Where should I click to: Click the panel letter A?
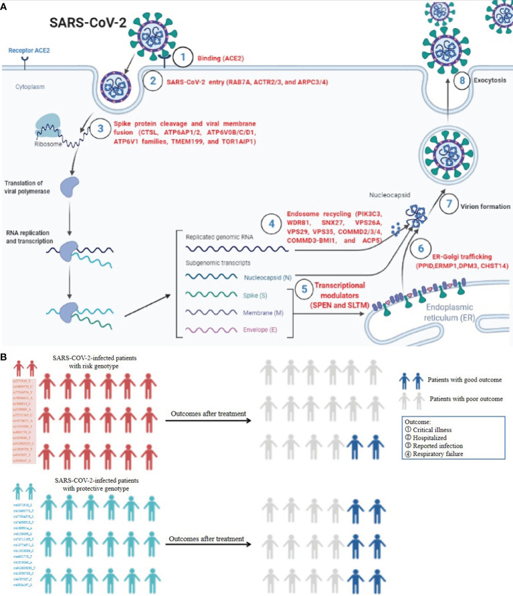point(6,6)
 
